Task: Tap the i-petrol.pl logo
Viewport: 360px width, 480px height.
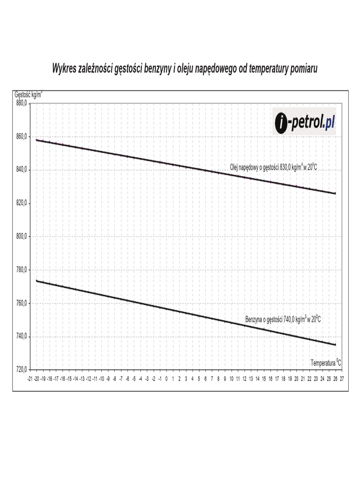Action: tap(305, 122)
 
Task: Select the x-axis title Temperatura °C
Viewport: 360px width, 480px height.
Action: tap(325, 362)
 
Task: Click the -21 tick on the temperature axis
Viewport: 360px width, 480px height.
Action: tap(30, 378)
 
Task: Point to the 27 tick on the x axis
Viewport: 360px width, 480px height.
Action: tap(342, 378)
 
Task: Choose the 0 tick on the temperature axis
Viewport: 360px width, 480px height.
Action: tap(166, 378)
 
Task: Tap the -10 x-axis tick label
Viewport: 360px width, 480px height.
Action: tap(101, 378)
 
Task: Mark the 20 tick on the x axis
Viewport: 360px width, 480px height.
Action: tap(296, 378)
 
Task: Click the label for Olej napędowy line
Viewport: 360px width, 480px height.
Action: tap(270, 167)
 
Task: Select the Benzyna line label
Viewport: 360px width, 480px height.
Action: tap(283, 319)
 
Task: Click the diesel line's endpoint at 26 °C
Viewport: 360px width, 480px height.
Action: tap(335, 193)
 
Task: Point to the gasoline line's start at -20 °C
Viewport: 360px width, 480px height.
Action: tap(37, 281)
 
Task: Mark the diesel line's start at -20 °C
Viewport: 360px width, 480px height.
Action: tap(37, 140)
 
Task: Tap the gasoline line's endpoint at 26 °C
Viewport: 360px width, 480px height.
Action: tap(335, 345)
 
